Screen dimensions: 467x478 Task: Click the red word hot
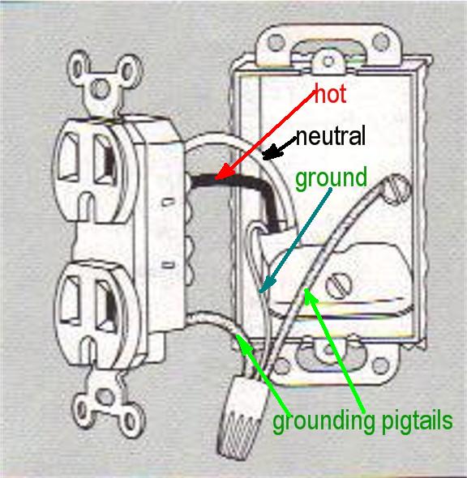pos(330,94)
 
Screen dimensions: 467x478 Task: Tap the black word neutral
pos(330,136)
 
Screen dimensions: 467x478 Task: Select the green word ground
pos(331,178)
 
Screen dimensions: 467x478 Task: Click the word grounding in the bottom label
pos(323,421)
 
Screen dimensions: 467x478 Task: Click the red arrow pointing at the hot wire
pos(265,134)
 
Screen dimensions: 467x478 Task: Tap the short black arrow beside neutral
pos(278,149)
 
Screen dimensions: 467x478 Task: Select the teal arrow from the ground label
pos(295,241)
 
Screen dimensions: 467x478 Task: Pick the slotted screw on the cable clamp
pos(339,284)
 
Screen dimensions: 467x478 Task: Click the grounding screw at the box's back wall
pos(396,187)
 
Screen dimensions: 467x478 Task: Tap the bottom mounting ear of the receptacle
pos(107,403)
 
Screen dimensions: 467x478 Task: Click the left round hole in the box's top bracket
pos(276,42)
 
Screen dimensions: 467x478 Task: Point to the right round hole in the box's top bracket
pos(381,41)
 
